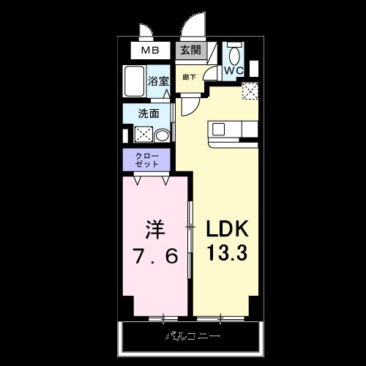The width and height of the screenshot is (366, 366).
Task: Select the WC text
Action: (x=234, y=71)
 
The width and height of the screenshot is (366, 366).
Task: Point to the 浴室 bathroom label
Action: (x=158, y=83)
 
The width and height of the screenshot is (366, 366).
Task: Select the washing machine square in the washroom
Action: (x=142, y=134)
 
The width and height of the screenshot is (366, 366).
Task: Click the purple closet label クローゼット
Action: (x=146, y=159)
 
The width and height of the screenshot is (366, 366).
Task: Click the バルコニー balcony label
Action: (x=191, y=337)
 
